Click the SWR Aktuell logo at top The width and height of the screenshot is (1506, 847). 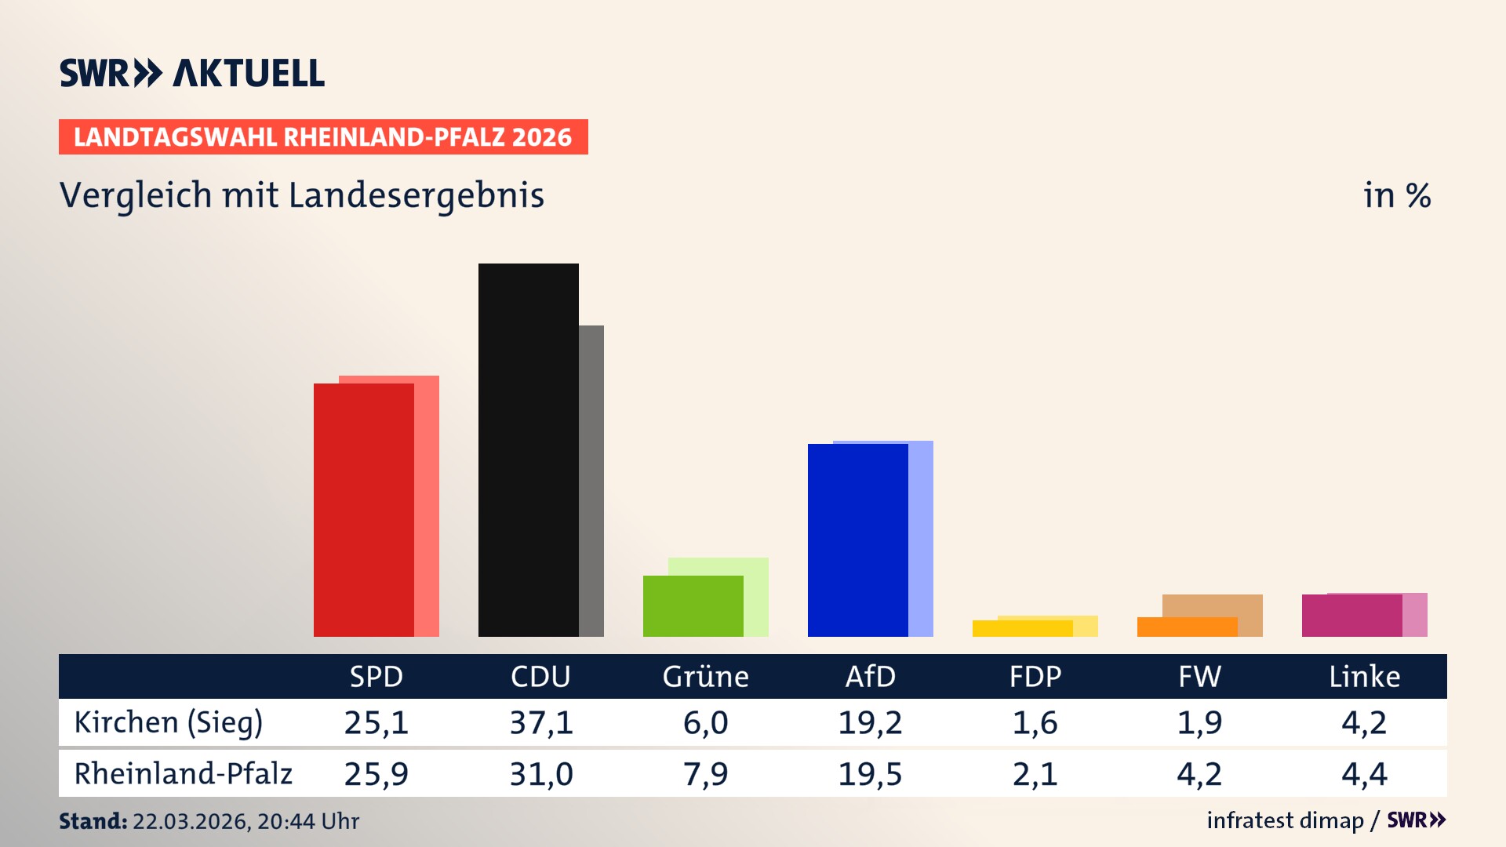pyautogui.click(x=191, y=73)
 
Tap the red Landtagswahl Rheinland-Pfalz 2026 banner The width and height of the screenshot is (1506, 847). pyautogui.click(x=322, y=137)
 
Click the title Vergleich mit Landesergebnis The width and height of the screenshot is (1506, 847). pyautogui.click(x=301, y=195)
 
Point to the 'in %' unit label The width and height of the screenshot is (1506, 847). pyautogui.click(x=1396, y=195)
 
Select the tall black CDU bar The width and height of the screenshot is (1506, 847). pyautogui.click(x=528, y=449)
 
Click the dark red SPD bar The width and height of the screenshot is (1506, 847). pyautogui.click(x=363, y=510)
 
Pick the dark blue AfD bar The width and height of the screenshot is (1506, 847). pyautogui.click(x=857, y=540)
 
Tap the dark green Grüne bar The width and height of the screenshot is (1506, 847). pyautogui.click(x=693, y=605)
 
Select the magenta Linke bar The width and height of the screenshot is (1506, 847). pyautogui.click(x=1351, y=616)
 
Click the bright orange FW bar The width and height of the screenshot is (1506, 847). pyautogui.click(x=1187, y=627)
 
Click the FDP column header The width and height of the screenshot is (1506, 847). pyautogui.click(x=1035, y=677)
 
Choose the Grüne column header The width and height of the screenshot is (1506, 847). pyautogui.click(x=705, y=677)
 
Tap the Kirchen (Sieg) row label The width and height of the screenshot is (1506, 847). pyautogui.click(x=168, y=722)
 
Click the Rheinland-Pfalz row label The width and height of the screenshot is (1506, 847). pyautogui.click(x=183, y=774)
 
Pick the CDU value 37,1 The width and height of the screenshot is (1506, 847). pyautogui.click(x=541, y=722)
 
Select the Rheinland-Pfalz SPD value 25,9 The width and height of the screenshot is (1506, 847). pyautogui.click(x=376, y=774)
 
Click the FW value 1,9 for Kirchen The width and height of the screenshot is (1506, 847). pyautogui.click(x=1199, y=722)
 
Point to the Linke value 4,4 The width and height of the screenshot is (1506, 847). pyautogui.click(x=1364, y=774)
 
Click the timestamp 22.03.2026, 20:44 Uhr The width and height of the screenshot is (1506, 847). pyautogui.click(x=246, y=821)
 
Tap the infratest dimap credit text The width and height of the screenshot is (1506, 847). pyautogui.click(x=1285, y=820)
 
